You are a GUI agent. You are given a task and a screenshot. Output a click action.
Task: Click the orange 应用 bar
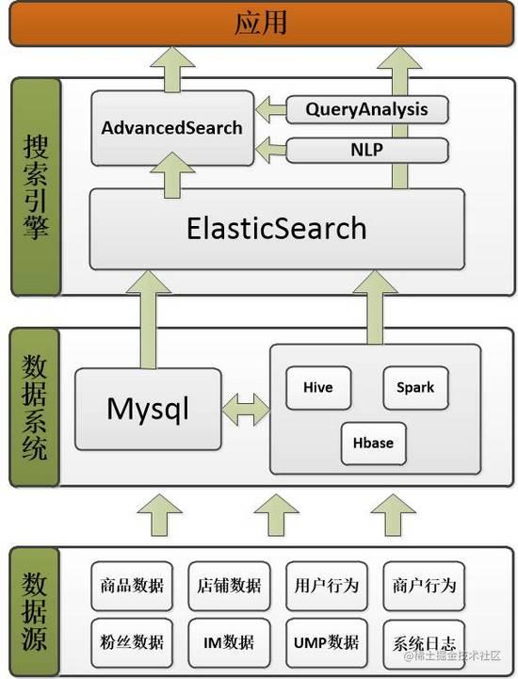click(x=261, y=24)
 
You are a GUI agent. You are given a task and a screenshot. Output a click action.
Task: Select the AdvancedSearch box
click(x=172, y=128)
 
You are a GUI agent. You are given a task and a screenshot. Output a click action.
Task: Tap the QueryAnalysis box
click(x=367, y=109)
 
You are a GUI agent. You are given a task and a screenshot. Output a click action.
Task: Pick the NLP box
click(x=367, y=150)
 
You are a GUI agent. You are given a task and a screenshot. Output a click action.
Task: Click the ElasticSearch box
click(x=277, y=229)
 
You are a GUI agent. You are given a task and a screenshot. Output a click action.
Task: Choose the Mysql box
click(x=148, y=410)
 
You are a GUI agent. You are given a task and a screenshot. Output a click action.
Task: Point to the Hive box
click(x=318, y=388)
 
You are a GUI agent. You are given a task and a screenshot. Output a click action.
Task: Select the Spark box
click(x=415, y=388)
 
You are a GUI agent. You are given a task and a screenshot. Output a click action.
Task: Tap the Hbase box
click(x=373, y=444)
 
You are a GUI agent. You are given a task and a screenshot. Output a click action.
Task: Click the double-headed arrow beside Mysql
click(x=246, y=410)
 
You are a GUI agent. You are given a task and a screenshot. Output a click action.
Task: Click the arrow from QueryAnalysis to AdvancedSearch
click(x=270, y=109)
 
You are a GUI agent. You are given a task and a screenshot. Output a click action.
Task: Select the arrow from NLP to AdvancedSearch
click(x=270, y=150)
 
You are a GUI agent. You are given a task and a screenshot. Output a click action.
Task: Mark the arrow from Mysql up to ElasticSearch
click(x=149, y=320)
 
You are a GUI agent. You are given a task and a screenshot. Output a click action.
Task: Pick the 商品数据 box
click(x=132, y=586)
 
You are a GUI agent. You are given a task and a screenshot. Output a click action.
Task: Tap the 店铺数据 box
click(x=229, y=586)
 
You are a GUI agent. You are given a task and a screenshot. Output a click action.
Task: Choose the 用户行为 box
click(x=327, y=586)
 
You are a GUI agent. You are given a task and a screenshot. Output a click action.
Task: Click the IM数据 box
click(x=229, y=642)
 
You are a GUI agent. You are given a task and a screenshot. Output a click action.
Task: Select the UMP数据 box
click(x=327, y=642)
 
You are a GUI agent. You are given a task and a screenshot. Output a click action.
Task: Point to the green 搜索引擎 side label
click(x=36, y=187)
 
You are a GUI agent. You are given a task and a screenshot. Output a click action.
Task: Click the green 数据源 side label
click(x=34, y=611)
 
